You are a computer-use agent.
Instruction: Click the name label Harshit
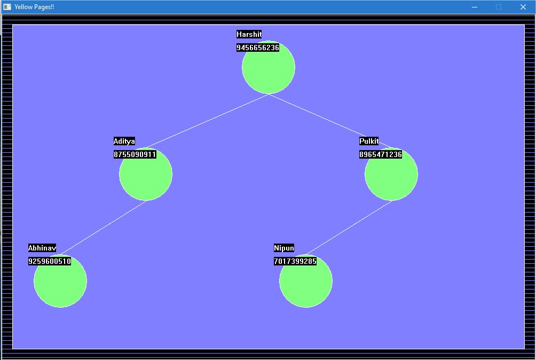click(249, 34)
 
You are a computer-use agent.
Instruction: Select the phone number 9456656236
click(258, 48)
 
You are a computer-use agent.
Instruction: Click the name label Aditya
click(124, 141)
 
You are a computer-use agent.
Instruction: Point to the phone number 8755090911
click(135, 154)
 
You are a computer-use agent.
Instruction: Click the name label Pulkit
click(369, 141)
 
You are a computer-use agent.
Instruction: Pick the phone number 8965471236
click(381, 154)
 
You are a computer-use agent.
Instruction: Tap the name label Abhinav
click(42, 248)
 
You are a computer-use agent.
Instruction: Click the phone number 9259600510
click(50, 261)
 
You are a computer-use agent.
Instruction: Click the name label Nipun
click(284, 248)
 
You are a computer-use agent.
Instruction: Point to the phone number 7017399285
click(295, 261)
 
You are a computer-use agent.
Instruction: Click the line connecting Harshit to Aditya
click(207, 121)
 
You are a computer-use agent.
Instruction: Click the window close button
click(523, 7)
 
